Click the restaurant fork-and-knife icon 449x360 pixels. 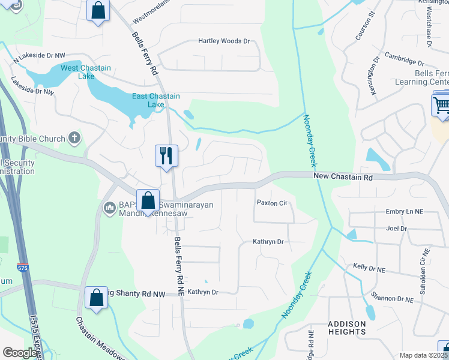164,155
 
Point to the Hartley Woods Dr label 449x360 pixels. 224,41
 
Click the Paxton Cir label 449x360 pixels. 272,203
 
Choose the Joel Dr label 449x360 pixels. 397,229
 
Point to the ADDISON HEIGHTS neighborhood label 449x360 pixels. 347,328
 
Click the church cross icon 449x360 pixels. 74,138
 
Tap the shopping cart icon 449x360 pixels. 441,106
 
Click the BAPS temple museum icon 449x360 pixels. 109,208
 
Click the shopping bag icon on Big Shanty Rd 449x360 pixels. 96,298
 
